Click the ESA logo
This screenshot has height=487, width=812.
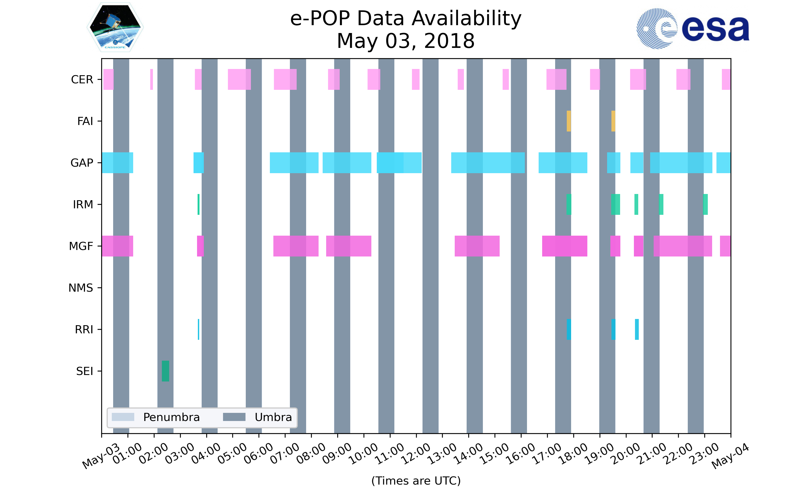point(693,29)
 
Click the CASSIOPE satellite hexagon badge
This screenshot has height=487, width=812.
point(115,27)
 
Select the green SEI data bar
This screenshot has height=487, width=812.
point(165,371)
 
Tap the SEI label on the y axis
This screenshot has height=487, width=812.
point(84,371)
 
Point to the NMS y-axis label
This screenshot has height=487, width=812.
point(80,288)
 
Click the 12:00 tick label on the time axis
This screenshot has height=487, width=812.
point(416,453)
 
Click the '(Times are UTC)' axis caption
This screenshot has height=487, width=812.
point(416,481)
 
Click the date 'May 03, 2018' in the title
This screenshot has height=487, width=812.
point(406,41)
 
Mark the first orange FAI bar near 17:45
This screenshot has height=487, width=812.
point(568,121)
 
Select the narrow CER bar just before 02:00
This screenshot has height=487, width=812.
point(151,80)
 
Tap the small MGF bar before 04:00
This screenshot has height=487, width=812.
point(200,246)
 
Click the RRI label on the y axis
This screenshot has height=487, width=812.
point(84,330)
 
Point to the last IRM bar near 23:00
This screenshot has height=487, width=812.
point(705,205)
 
